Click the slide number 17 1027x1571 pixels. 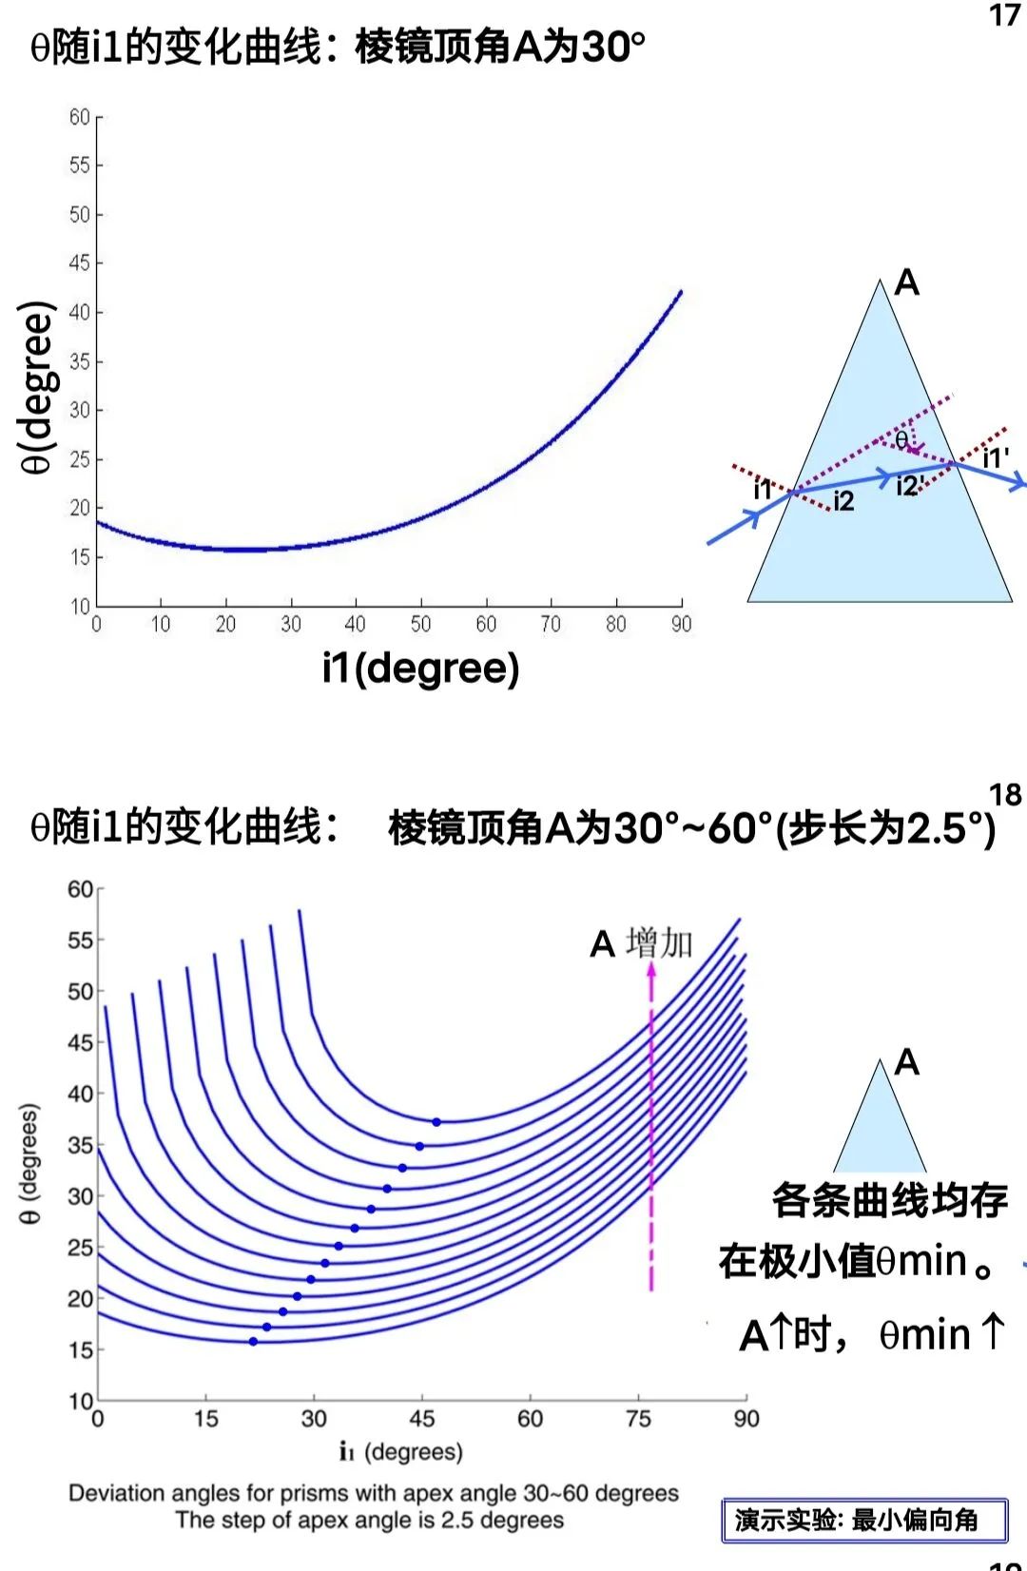tap(1004, 16)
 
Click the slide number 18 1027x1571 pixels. tap(1004, 794)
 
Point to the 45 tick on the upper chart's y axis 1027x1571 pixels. tap(80, 263)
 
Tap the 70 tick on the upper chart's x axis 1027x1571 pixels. tap(551, 624)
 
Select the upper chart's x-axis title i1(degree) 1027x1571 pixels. tap(420, 669)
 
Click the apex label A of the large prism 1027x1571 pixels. tap(907, 282)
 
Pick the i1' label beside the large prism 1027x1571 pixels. tap(996, 458)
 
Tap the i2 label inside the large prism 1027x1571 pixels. tap(843, 501)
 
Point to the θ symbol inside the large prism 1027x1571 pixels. tap(901, 439)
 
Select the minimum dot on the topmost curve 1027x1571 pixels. tap(436, 1122)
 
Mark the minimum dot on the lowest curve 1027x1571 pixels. tap(253, 1342)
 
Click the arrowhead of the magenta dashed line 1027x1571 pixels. tap(651, 969)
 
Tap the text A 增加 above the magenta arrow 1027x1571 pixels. tap(642, 944)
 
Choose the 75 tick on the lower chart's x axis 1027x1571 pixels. tap(638, 1419)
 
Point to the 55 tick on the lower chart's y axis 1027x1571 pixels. tap(81, 941)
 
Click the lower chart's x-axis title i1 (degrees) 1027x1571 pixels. tap(401, 1452)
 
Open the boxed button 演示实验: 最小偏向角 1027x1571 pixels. tap(864, 1520)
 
